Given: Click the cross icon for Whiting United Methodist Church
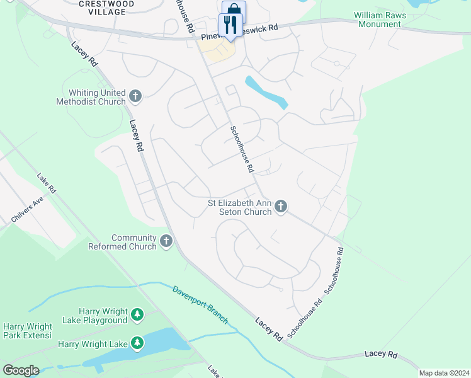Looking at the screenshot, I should (135, 96).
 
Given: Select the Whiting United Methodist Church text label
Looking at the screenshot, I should (91, 97).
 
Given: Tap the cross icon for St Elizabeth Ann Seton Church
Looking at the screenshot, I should (281, 207).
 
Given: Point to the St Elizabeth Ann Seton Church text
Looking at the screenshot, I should (240, 207).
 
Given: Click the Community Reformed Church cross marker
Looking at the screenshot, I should (166, 241).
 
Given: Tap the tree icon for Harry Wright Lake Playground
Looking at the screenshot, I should (137, 314).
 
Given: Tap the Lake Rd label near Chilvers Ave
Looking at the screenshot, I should (47, 183).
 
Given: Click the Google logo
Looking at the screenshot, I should (21, 370).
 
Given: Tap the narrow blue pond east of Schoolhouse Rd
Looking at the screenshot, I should (267, 92).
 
